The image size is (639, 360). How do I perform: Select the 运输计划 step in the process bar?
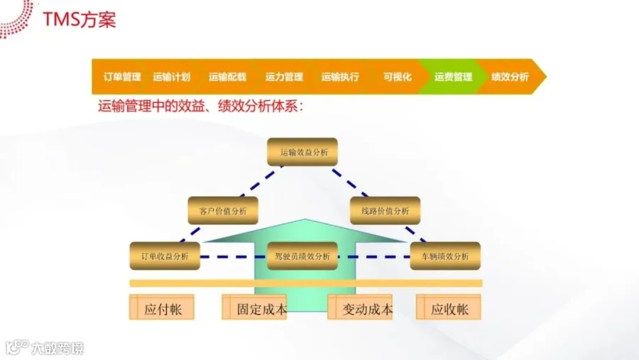tap(171, 77)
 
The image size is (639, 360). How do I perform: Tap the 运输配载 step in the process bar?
tap(227, 77)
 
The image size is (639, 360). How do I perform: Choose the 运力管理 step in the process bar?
tap(284, 77)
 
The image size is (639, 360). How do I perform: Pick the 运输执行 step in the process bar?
tap(340, 77)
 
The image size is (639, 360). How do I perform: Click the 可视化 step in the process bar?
tap(397, 77)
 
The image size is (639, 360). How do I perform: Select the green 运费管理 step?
tap(453, 77)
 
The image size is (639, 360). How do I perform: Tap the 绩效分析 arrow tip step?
tap(510, 77)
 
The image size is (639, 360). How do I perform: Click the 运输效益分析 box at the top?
tap(302, 152)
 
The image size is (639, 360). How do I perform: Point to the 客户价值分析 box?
tap(223, 211)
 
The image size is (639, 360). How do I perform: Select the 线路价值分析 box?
tap(385, 211)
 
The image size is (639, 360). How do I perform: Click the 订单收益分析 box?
tap(165, 256)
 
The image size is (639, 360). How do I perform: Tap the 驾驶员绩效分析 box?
tap(302, 256)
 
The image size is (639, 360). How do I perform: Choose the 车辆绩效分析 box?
tap(445, 256)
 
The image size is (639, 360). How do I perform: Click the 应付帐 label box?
tap(162, 309)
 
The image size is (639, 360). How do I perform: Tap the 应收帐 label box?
tap(449, 309)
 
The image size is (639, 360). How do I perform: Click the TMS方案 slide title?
tap(80, 19)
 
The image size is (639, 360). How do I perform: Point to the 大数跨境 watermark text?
tap(57, 348)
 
